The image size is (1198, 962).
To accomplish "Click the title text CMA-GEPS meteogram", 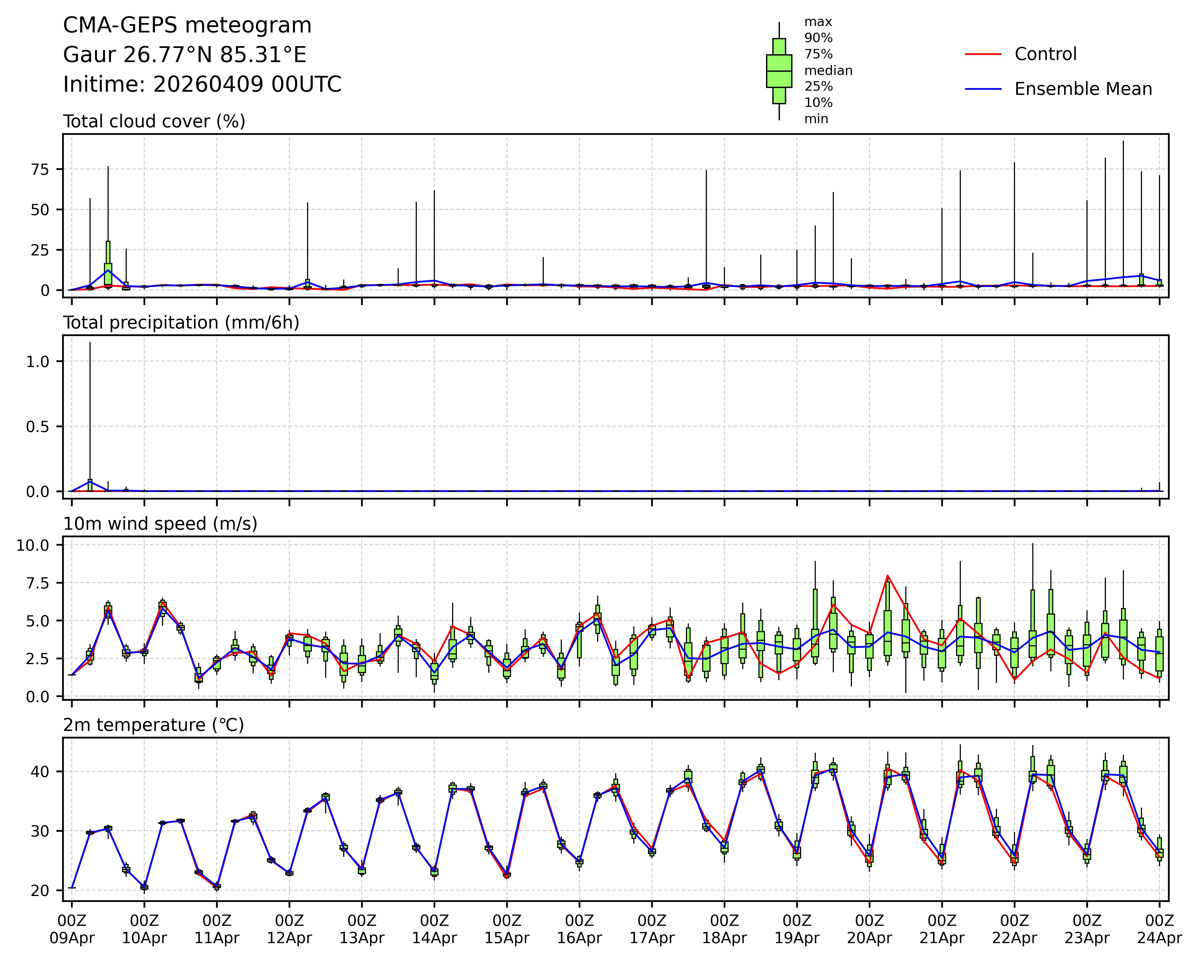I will point(187,26).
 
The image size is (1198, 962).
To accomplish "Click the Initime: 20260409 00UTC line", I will point(202,85).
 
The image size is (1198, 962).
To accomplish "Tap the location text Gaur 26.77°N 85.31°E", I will point(185,55).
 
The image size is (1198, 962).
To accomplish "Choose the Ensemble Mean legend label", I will point(1083,89).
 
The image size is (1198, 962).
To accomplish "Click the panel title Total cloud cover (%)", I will point(154,121).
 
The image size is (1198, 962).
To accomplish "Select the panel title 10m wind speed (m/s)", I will point(160,524).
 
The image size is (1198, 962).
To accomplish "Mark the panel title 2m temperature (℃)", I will point(153,725).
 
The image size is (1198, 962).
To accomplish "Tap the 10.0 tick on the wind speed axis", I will point(33,545).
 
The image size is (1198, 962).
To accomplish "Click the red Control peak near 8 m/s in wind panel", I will point(888,576).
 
